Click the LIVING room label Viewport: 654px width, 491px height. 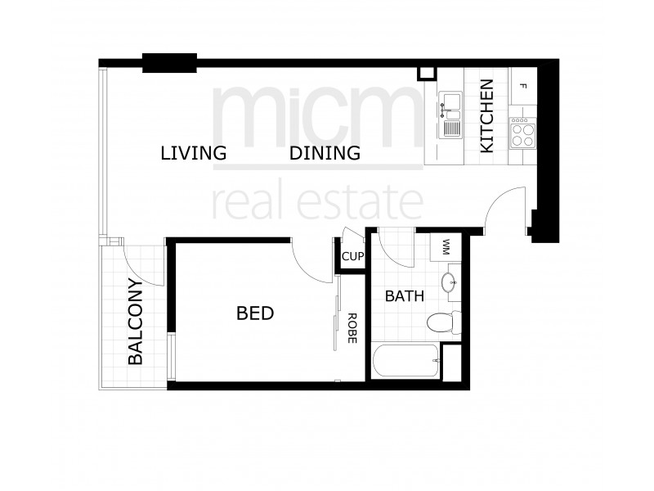tap(193, 153)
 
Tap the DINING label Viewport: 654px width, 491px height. tap(325, 153)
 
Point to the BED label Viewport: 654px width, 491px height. tap(254, 313)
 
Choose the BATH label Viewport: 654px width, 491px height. tap(404, 296)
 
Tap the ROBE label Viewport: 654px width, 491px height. tap(352, 327)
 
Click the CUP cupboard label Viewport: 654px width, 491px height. tap(352, 257)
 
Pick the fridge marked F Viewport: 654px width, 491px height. tap(523, 85)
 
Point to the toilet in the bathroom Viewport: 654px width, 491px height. tap(441, 321)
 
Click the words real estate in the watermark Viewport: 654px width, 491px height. tap(317, 200)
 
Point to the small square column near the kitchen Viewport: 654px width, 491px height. tap(426, 73)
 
